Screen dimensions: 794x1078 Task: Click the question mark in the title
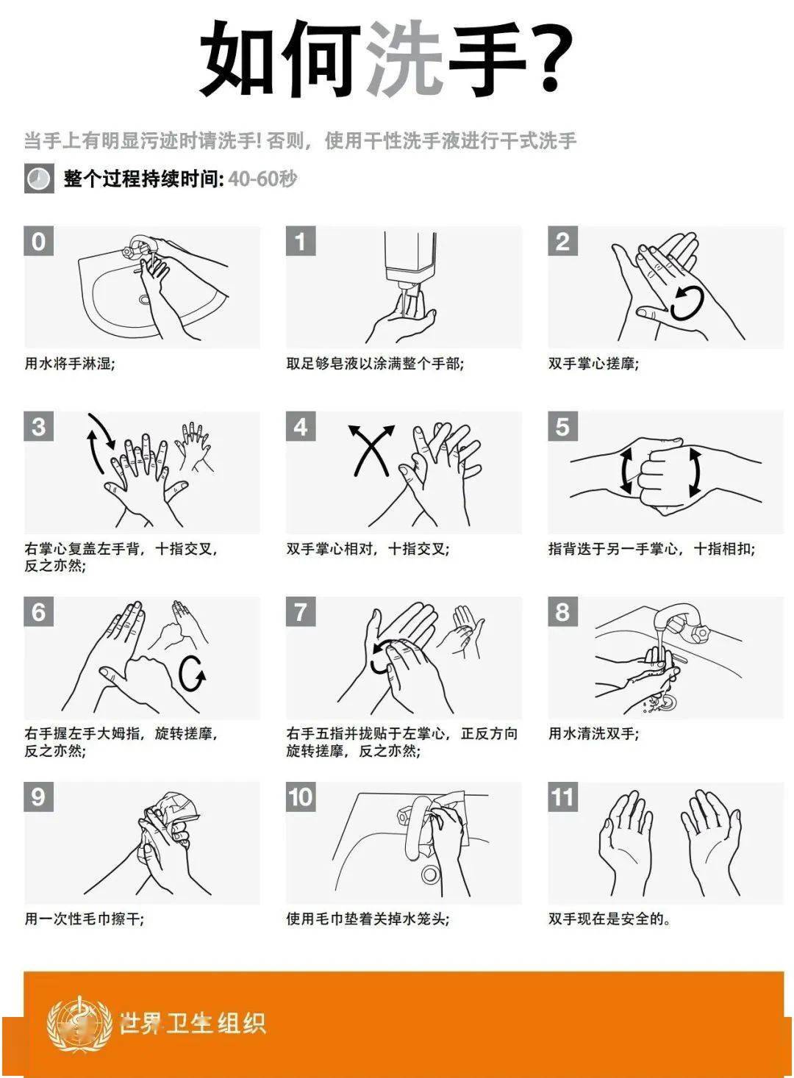tap(554, 57)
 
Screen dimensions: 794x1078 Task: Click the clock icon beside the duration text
tap(39, 179)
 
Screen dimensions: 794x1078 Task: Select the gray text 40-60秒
tap(262, 179)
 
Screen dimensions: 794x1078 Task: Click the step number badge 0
tap(38, 241)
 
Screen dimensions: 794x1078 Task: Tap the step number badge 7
tap(301, 611)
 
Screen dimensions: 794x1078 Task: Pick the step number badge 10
tap(301, 797)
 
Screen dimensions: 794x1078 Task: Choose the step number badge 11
tap(562, 797)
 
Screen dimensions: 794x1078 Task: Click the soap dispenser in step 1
tap(410, 262)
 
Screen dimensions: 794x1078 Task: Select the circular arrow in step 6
tap(193, 674)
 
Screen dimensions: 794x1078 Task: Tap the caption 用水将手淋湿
tap(70, 363)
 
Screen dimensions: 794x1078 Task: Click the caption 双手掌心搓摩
tap(594, 363)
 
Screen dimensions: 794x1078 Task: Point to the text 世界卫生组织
tap(193, 1023)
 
